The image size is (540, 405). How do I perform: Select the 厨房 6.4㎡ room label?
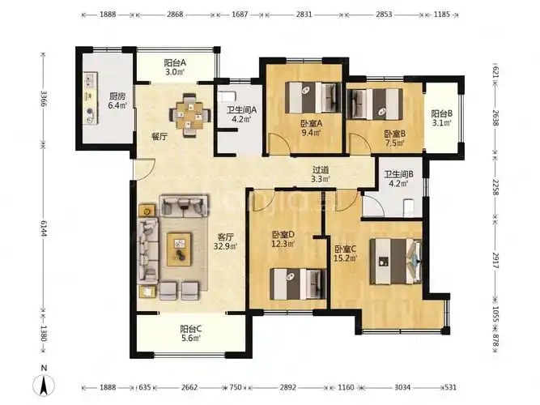pyautogui.click(x=117, y=100)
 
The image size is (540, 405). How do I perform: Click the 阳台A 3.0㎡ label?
pyautogui.click(x=175, y=67)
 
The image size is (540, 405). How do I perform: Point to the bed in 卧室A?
pyautogui.click(x=313, y=97)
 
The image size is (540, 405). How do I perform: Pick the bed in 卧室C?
pyautogui.click(x=395, y=262)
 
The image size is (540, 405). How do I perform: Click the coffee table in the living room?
pyautogui.click(x=180, y=249)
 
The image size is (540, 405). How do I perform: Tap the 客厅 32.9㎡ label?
pyautogui.click(x=226, y=241)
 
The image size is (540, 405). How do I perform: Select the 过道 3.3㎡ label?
pyautogui.click(x=321, y=174)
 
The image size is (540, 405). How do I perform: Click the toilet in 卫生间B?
pyautogui.click(x=408, y=207)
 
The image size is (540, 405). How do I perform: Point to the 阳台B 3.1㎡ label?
pyautogui.click(x=441, y=117)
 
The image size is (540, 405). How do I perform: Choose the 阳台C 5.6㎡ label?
pyautogui.click(x=191, y=333)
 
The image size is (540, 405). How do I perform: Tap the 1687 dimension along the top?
pyautogui.click(x=240, y=15)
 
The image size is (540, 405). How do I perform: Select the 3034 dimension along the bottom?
pyautogui.click(x=402, y=387)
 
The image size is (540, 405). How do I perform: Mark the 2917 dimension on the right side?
pyautogui.click(x=495, y=260)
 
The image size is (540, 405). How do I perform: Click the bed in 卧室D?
pyautogui.click(x=298, y=284)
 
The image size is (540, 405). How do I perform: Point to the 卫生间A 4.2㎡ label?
pyautogui.click(x=241, y=115)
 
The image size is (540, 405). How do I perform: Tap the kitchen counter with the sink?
pyautogui.click(x=91, y=98)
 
